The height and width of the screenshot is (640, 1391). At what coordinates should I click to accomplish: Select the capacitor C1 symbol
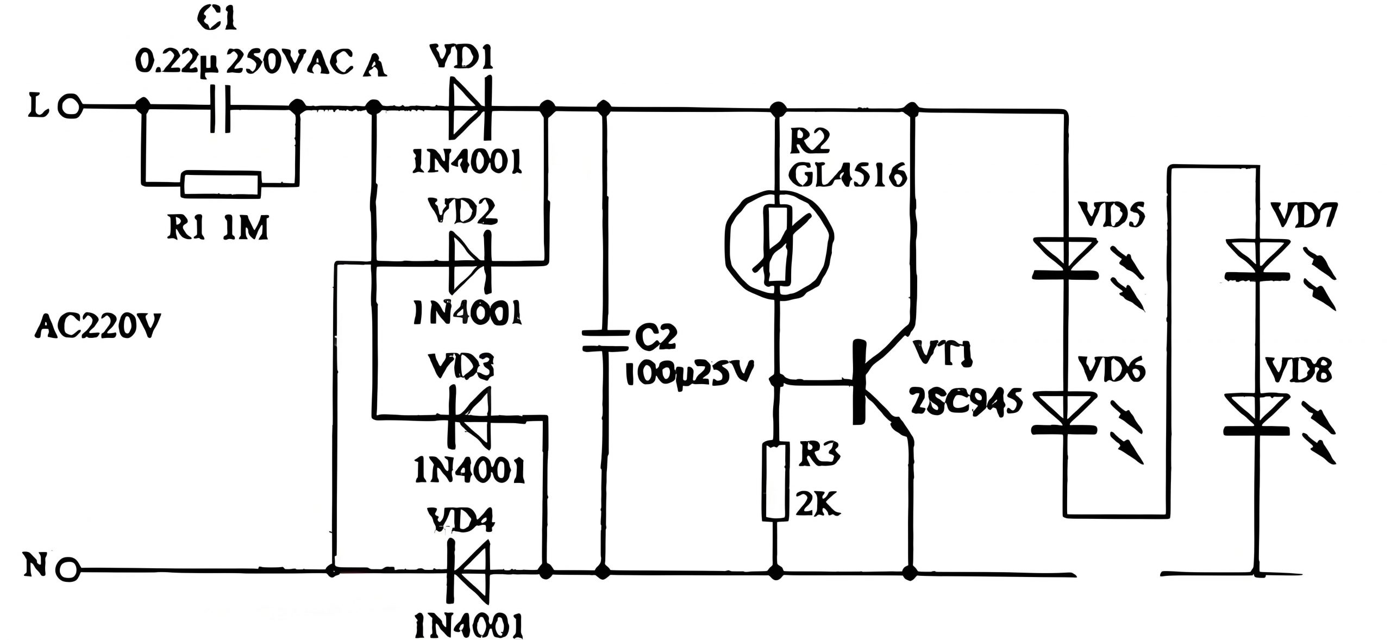coord(221,109)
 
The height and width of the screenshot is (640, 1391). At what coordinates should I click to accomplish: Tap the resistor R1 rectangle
coord(221,185)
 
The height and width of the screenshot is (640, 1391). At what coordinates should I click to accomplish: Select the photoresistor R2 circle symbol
coord(780,246)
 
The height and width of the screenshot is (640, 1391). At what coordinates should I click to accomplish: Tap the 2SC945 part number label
coord(967,402)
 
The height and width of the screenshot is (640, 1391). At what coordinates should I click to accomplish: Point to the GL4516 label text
coord(849,175)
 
